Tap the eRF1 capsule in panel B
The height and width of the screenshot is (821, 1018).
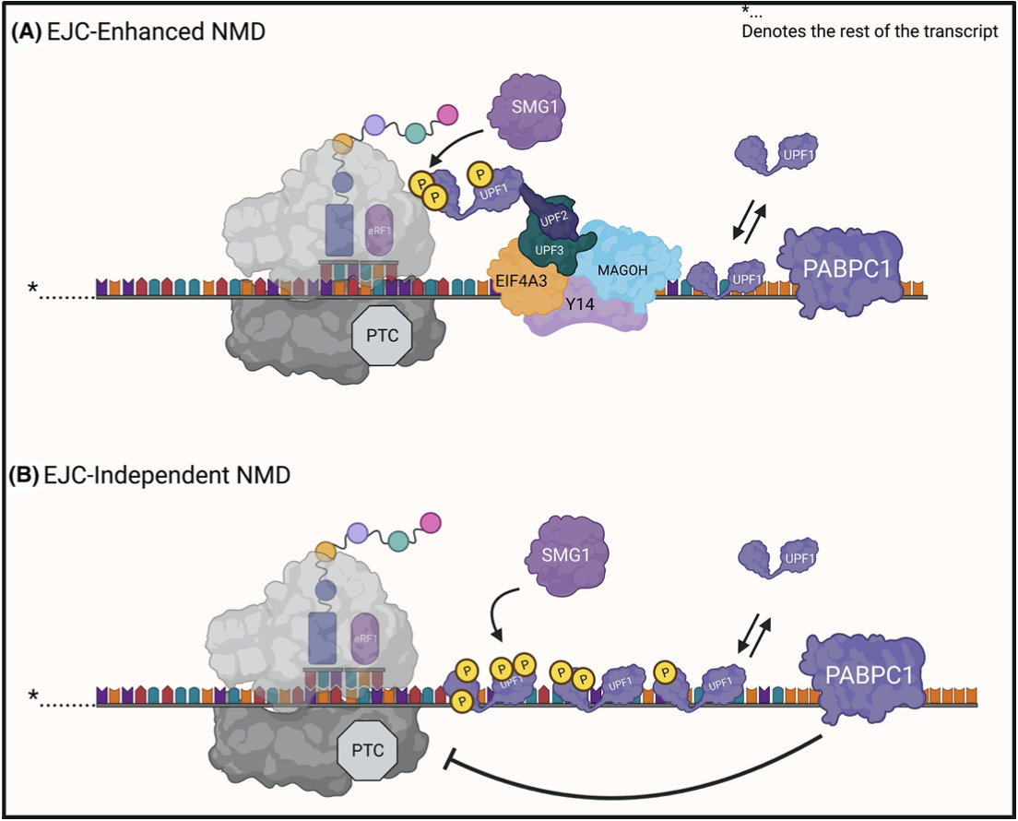point(367,638)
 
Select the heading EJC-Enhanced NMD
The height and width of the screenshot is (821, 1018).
point(138,32)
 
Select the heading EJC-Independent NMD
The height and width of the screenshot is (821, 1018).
point(150,476)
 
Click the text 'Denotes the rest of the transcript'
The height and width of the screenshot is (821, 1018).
point(870,32)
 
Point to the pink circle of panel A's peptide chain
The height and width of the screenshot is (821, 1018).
point(447,114)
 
